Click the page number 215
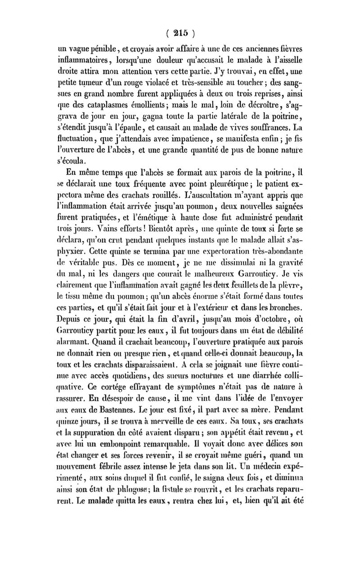180,33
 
